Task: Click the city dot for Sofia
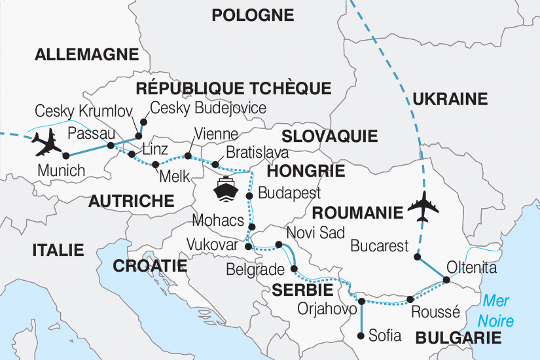(x=361, y=336)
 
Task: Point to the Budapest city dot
(x=249, y=196)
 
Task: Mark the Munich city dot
(x=65, y=156)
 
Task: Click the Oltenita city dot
(x=447, y=280)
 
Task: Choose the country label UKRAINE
(x=450, y=99)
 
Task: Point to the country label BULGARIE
(x=458, y=338)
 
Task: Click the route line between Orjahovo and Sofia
(x=361, y=319)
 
